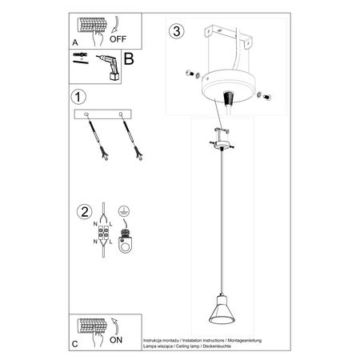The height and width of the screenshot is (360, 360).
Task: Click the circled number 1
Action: click(x=78, y=98)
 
